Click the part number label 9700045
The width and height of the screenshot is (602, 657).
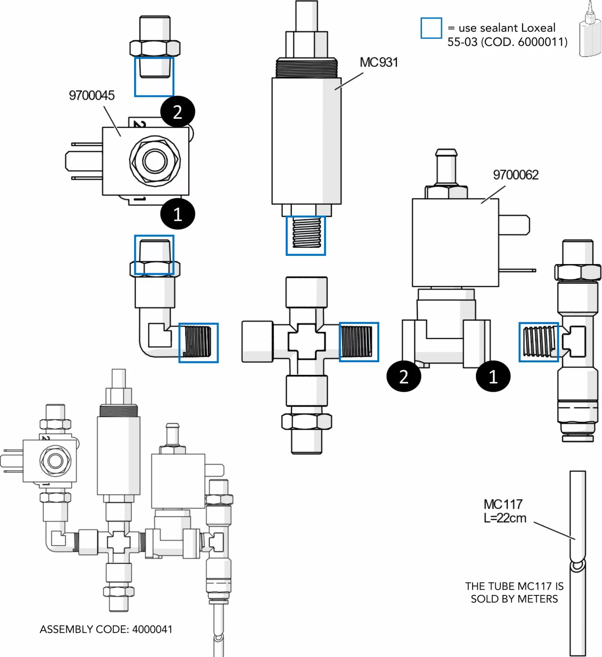[92, 95]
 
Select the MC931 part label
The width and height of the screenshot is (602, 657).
[378, 62]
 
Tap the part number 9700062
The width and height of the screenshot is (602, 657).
[515, 175]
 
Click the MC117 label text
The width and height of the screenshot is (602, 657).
[503, 504]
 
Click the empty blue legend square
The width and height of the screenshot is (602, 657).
[431, 28]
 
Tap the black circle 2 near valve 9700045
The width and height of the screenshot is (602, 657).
[178, 112]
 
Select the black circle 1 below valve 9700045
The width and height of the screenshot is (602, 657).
[178, 214]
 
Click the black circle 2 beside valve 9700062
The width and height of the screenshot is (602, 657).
[404, 376]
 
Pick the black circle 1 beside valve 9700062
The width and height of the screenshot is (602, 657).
[493, 376]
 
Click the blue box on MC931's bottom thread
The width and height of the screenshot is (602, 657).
[306, 236]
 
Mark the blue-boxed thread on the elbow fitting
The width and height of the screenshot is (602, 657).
[198, 342]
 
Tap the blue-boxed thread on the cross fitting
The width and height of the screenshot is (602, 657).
[358, 342]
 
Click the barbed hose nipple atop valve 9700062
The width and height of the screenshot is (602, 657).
[446, 167]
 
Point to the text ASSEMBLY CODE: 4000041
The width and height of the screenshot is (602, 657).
[106, 629]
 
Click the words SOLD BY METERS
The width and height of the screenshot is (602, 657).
[514, 599]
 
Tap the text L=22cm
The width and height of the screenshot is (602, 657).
[505, 518]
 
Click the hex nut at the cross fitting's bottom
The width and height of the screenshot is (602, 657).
[307, 422]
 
